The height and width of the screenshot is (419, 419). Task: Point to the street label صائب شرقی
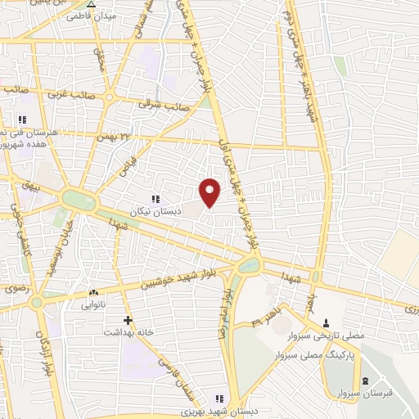click(165, 106)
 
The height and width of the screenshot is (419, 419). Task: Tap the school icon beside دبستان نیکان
click(155, 198)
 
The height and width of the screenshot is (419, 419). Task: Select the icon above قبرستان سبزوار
click(365, 381)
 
